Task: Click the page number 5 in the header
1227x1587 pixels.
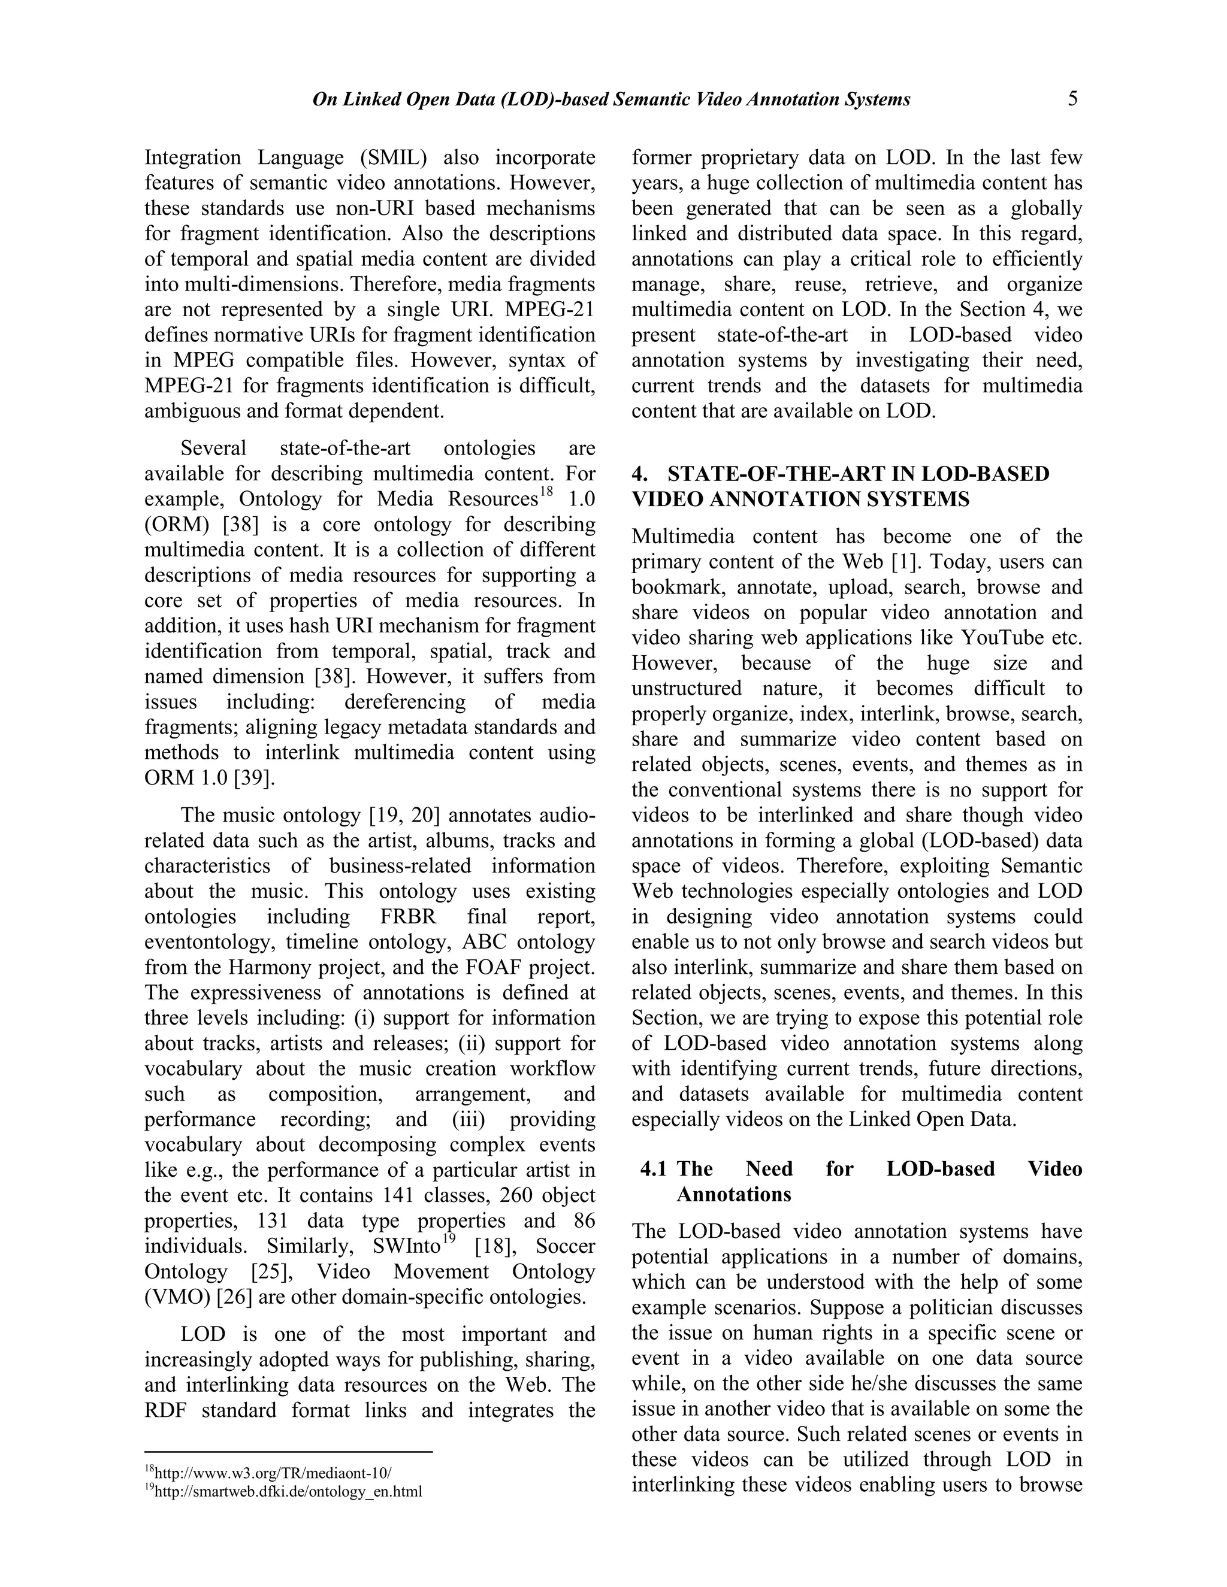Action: click(1073, 99)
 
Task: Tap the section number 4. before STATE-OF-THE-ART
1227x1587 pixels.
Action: click(640, 474)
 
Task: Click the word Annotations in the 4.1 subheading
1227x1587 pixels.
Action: click(733, 1195)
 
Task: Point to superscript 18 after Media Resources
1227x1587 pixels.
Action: click(546, 492)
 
